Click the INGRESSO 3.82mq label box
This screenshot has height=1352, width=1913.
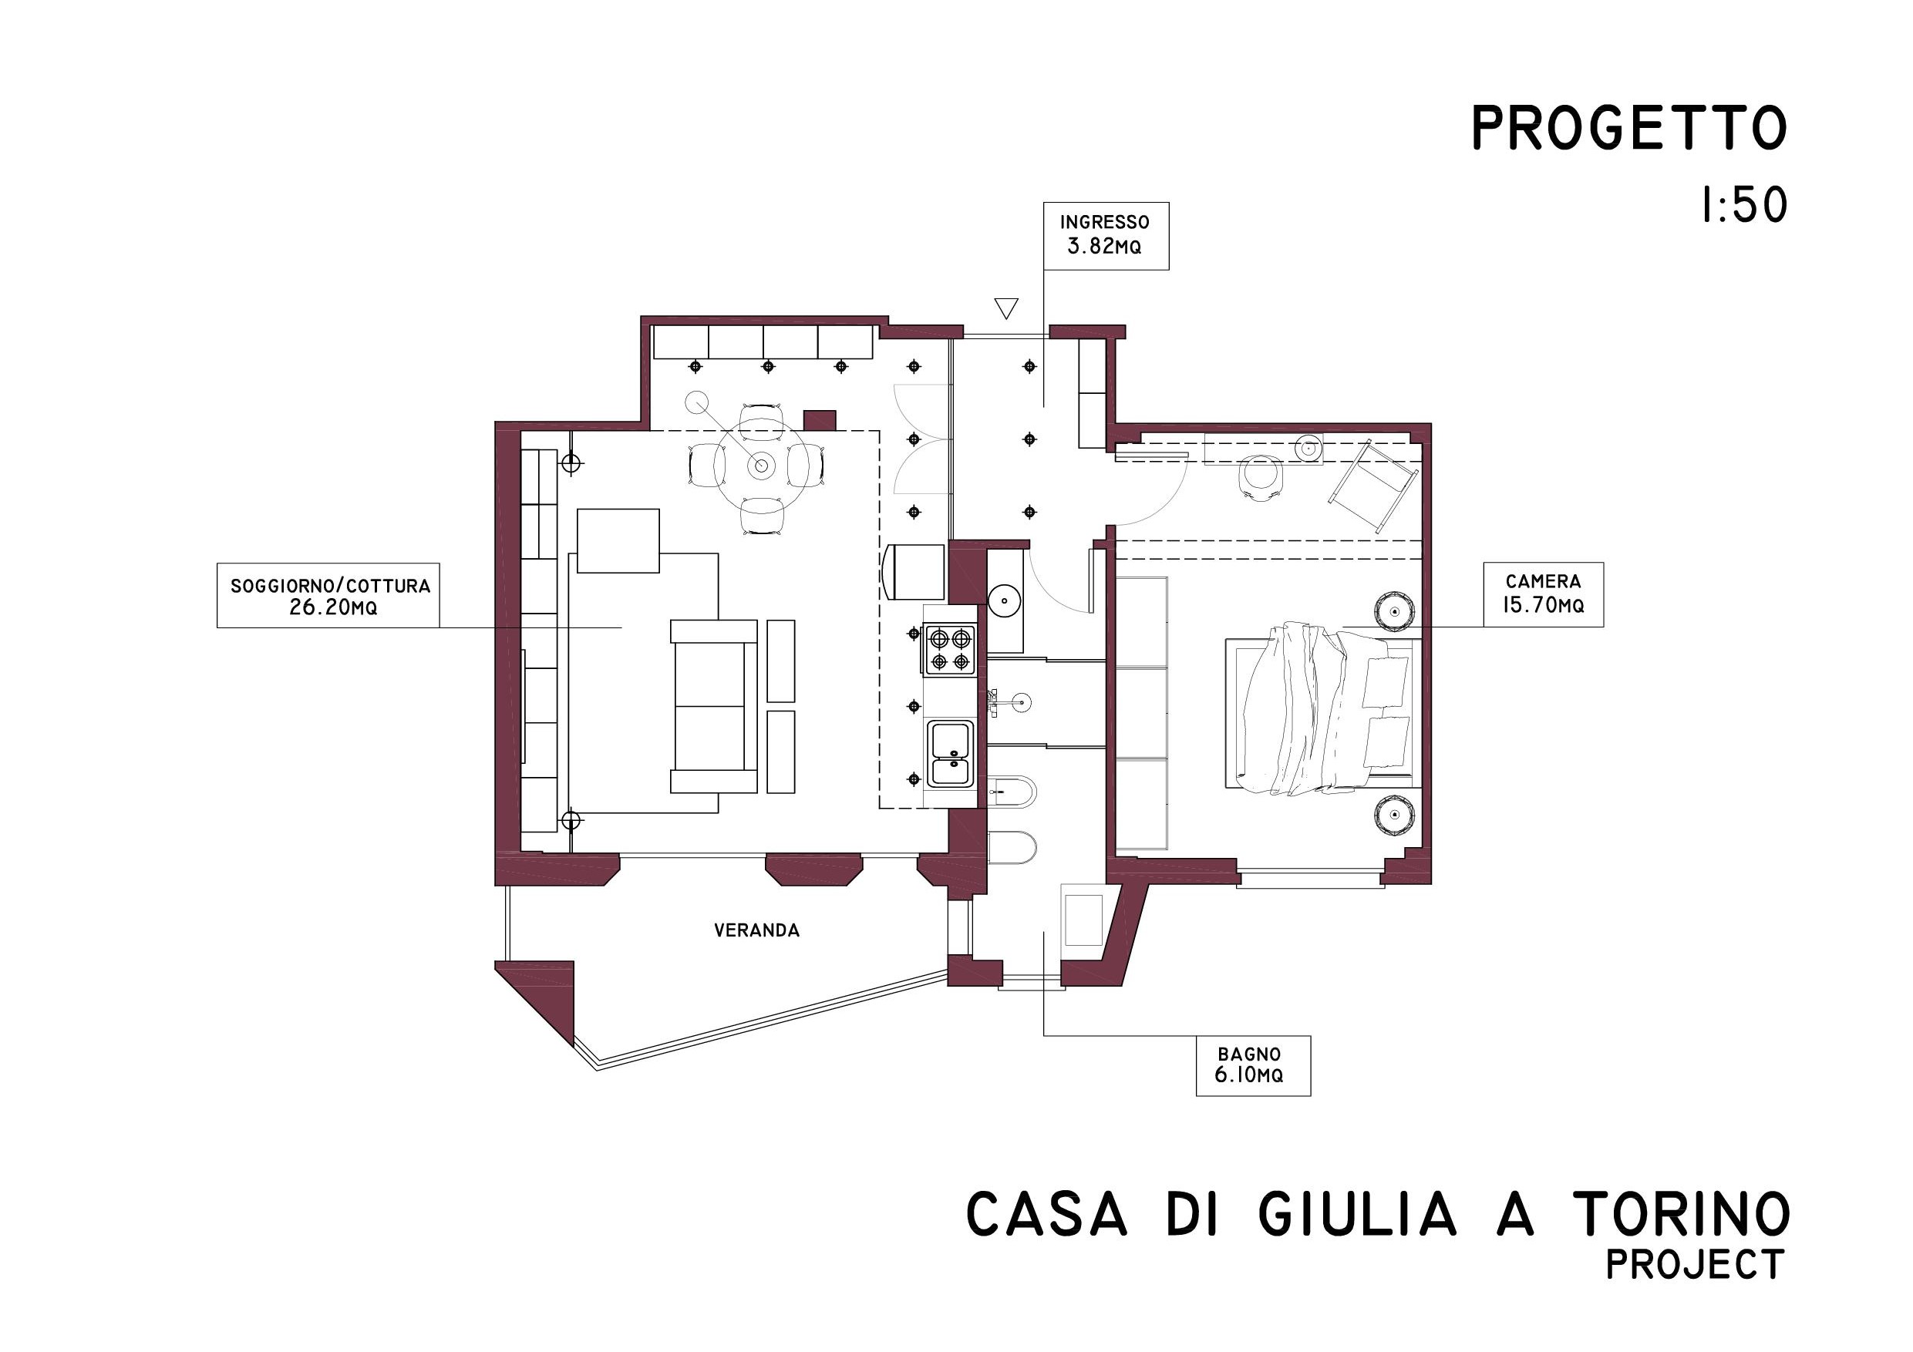click(x=1106, y=236)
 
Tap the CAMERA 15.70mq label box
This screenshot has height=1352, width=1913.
click(x=1543, y=594)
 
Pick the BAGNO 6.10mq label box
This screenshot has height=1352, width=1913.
click(x=1252, y=1065)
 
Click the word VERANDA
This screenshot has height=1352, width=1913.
click(x=756, y=930)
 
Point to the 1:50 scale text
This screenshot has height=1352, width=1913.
click(x=1744, y=205)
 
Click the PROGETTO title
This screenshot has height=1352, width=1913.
click(x=1629, y=128)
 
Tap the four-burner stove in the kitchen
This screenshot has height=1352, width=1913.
click(x=950, y=650)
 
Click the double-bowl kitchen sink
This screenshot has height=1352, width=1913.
click(x=951, y=753)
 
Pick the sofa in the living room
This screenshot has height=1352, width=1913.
click(x=714, y=705)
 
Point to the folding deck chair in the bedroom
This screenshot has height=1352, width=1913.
click(x=1373, y=486)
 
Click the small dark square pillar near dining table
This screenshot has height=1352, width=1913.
click(x=819, y=421)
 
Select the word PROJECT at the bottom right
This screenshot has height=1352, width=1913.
click(x=1695, y=1265)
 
